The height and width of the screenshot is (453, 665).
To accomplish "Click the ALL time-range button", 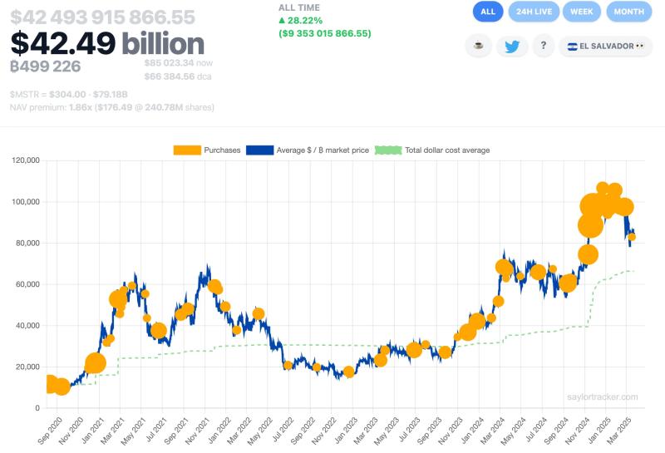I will coord(488,12).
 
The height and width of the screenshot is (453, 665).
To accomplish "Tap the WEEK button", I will coord(582,12).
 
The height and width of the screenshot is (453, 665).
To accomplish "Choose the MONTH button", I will coord(629,12).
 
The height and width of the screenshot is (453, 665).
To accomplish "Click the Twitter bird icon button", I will coord(512,47).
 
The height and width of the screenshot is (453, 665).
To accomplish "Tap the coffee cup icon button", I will coord(478,47).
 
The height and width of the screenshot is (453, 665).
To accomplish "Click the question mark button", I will coord(543,47).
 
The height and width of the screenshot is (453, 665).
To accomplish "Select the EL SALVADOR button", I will coord(603,47).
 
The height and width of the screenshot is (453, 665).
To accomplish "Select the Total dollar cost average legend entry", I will coord(432,150).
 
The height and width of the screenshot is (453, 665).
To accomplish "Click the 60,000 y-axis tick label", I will coord(26,284).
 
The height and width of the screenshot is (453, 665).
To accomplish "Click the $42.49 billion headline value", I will coord(107,44).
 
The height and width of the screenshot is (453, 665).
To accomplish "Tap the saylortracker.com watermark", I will coord(603,397).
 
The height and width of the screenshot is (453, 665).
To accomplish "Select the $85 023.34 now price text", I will coord(180,62).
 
